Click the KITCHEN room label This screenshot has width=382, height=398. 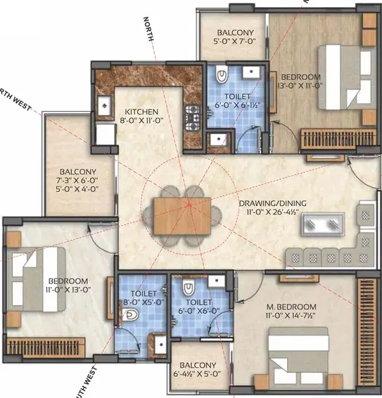coord(141,112)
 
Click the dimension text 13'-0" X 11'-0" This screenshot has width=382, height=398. coord(301,86)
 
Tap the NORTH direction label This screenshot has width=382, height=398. coord(148,30)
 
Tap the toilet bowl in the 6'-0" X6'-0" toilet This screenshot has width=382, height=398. coord(188,288)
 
